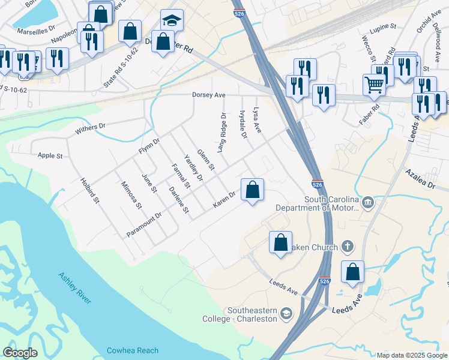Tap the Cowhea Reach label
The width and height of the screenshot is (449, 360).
(132, 350)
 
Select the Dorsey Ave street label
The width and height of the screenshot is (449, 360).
(208, 95)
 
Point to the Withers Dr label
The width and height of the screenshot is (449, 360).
(90, 128)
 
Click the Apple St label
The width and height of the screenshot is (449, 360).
(50, 156)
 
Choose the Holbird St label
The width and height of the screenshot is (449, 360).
(89, 191)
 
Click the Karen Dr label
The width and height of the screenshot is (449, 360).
(224, 200)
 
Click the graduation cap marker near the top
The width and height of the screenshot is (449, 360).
(172, 22)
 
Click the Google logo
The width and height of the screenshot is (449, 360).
(20, 353)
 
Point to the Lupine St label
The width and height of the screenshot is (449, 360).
(385, 27)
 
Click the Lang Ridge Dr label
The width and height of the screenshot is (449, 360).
(221, 133)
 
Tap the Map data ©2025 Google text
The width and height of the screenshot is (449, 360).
(411, 355)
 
